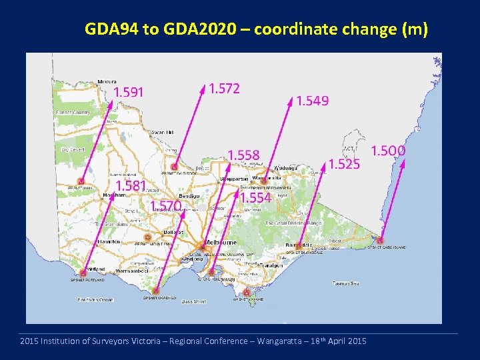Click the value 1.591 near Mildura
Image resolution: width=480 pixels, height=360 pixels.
tap(128, 92)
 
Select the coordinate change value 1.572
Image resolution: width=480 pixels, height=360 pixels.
tap(224, 88)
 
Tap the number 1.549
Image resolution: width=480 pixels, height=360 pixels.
tap(312, 101)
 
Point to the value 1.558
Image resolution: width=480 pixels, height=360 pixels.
tap(243, 155)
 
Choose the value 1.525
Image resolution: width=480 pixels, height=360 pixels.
tap(344, 163)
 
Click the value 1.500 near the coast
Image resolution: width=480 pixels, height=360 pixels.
tap(387, 151)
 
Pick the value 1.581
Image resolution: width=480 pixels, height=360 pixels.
tap(131, 185)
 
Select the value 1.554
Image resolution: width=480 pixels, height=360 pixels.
tap(255, 198)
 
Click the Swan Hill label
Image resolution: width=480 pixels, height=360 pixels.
tap(163, 132)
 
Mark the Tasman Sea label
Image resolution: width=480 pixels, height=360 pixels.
tap(347, 283)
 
